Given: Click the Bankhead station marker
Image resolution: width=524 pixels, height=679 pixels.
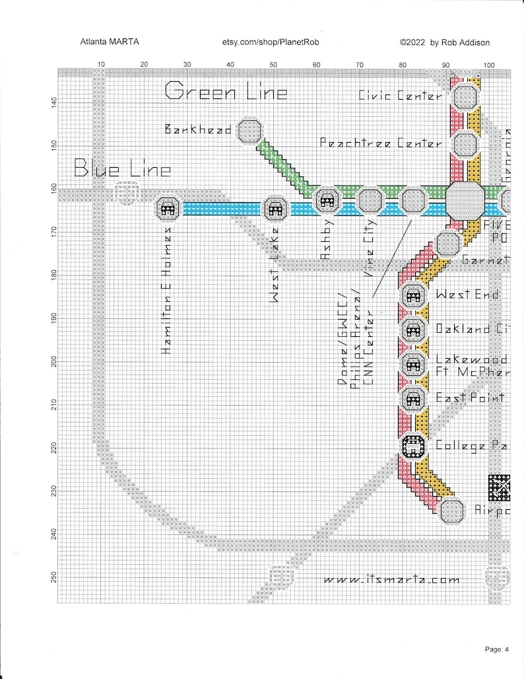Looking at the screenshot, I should pos(251,130).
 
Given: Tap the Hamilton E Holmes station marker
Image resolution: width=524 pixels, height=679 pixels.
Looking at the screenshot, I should pos(168,209).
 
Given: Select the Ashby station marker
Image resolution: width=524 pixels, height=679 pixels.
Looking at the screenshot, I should pos(327,201).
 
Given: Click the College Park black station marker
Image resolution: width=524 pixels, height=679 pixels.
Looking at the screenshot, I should pos(413,446).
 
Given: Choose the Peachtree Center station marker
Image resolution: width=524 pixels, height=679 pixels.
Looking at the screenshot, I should pos(465,143).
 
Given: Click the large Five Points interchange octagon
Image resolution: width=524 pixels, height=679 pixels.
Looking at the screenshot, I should pos(465,199).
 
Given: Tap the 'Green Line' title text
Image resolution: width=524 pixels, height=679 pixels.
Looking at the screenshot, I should pos(226,91).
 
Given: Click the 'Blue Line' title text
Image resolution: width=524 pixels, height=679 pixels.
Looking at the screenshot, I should pos(122,169).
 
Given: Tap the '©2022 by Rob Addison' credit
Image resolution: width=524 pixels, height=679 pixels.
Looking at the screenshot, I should pos(445,42).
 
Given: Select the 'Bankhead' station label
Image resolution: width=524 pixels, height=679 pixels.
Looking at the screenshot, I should pos(197,129).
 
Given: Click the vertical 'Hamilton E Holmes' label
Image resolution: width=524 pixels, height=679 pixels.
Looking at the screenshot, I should pos(168,291).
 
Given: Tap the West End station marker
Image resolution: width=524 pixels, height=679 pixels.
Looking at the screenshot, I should pos(413,296).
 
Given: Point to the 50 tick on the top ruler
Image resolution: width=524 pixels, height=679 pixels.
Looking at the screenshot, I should pos(273,64).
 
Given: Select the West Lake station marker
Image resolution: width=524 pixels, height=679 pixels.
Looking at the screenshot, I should pos(275,209).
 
